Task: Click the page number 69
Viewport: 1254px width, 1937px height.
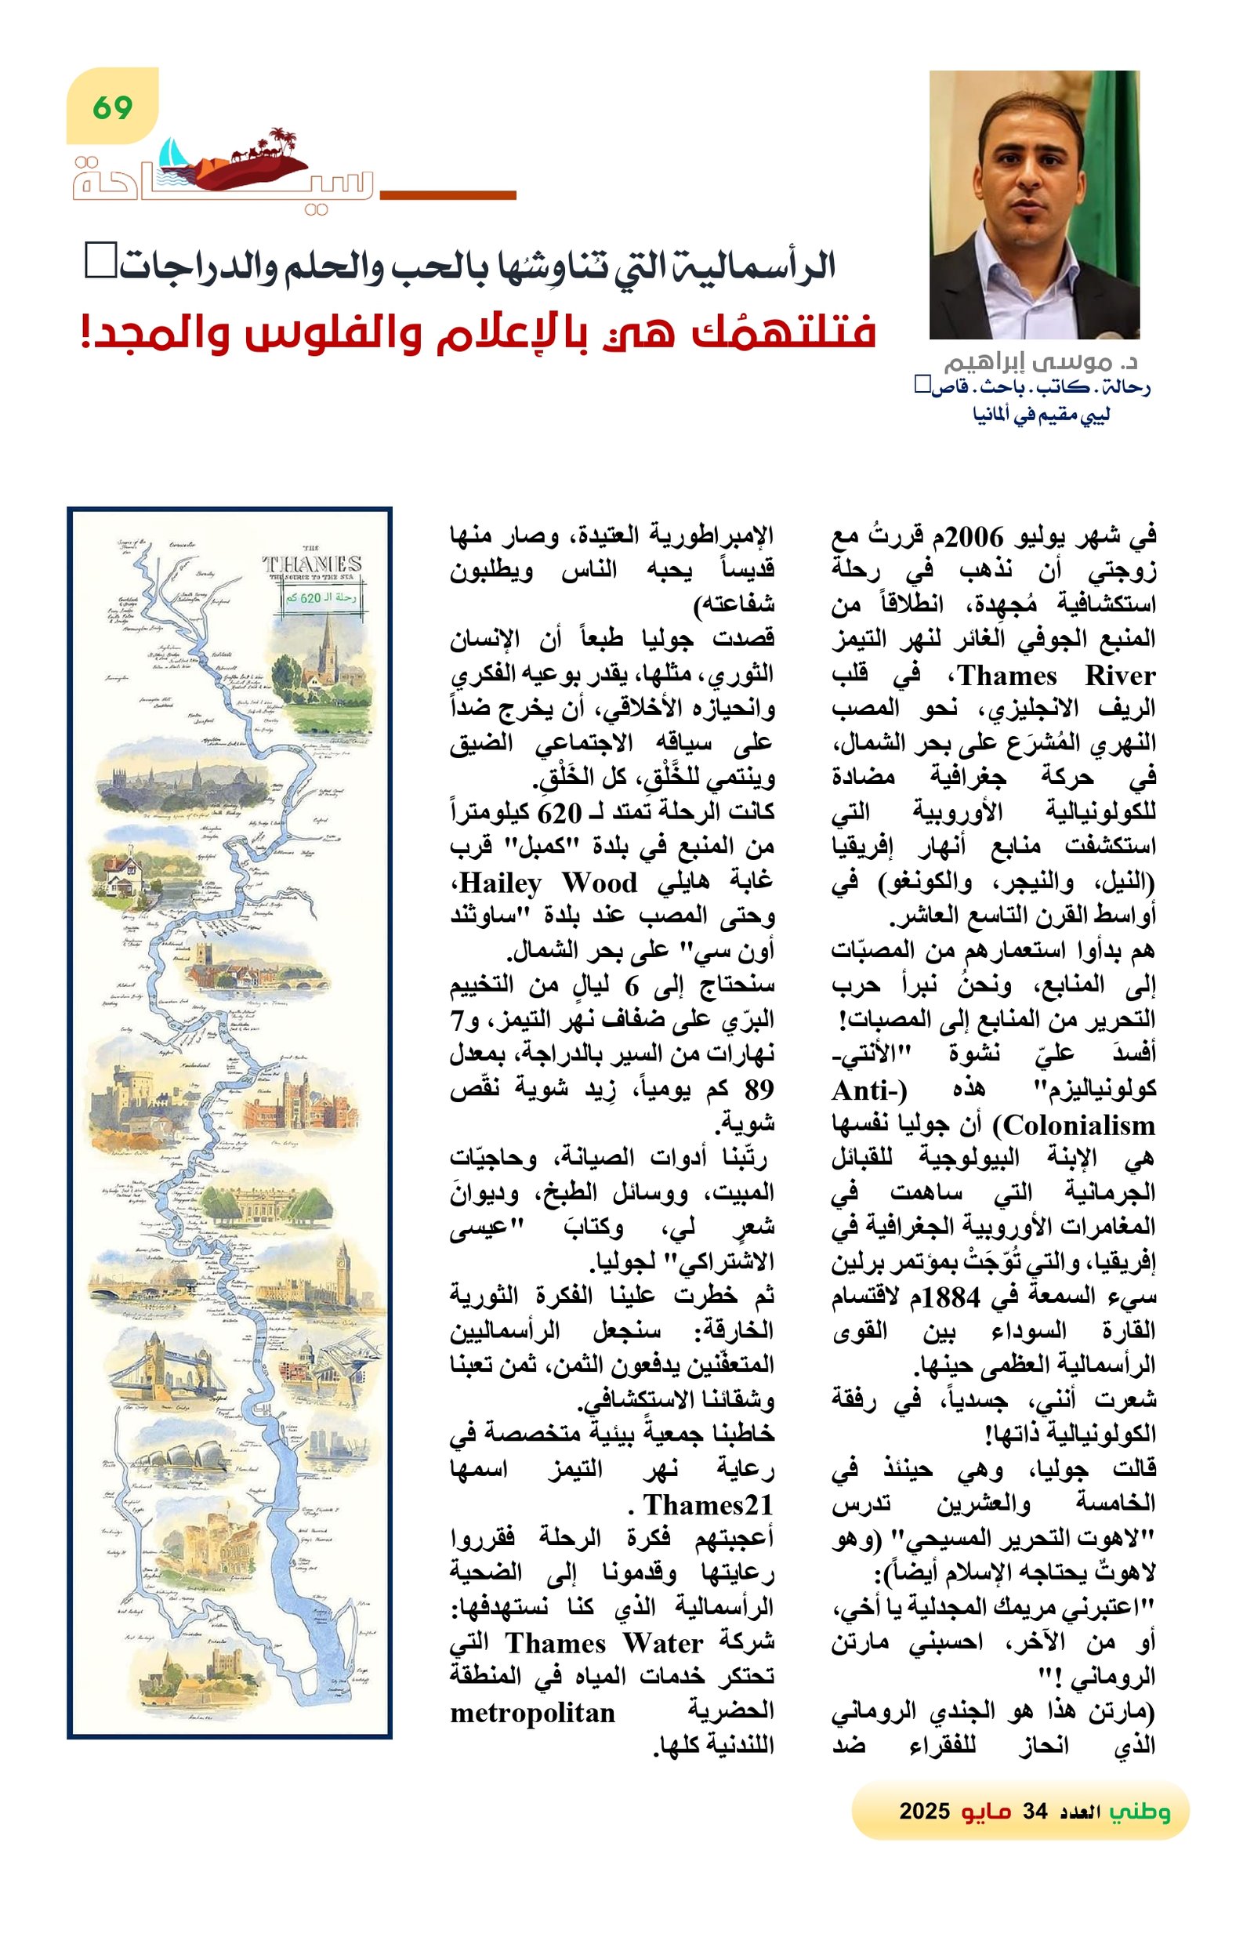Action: (x=112, y=107)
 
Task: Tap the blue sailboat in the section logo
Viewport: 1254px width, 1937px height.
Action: (x=171, y=153)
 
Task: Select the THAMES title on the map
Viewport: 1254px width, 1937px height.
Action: (x=312, y=563)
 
